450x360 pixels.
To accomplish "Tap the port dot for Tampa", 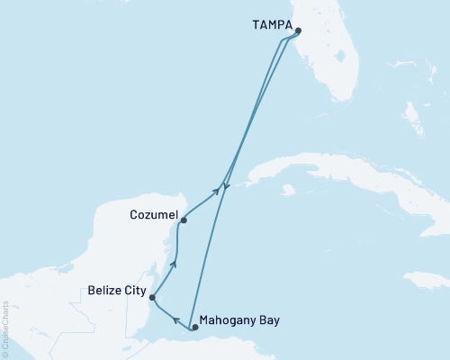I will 298,30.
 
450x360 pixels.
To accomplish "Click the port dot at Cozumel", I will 183,220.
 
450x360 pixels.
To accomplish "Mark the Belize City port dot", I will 152,297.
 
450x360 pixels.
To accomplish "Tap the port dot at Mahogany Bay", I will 195,328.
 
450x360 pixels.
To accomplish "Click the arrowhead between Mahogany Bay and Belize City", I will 176,319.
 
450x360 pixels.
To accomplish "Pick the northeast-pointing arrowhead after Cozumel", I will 216,191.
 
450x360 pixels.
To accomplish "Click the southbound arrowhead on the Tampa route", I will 226,188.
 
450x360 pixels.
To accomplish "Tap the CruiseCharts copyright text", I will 6,329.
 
